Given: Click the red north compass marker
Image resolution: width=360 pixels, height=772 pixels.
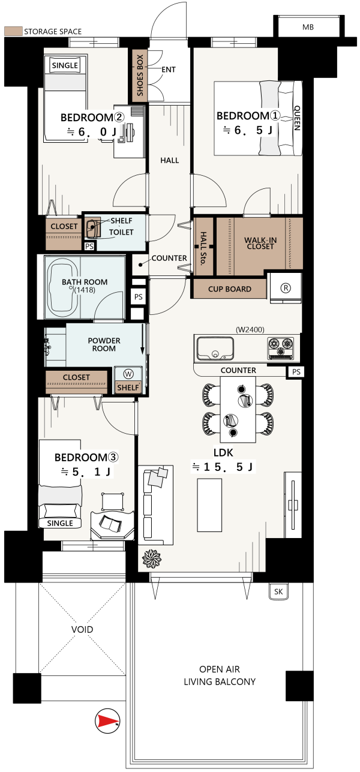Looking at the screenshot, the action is pos(107,721).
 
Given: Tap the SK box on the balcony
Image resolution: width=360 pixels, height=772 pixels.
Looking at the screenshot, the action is pos(278,592).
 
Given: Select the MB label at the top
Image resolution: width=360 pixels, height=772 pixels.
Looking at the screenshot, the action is pos(308,27).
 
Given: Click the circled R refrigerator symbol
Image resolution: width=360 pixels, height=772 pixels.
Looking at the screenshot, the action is pos(286,288).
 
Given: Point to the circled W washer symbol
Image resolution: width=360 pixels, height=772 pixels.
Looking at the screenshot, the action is pos(128,374).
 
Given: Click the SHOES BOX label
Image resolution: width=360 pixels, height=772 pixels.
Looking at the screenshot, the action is pos(140,75).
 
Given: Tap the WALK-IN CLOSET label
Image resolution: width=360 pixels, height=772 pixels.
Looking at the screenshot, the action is pos(260,243).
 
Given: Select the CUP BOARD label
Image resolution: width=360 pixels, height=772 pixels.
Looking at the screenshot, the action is pos(230,289).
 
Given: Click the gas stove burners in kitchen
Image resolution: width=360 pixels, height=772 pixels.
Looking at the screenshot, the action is pos(280,348).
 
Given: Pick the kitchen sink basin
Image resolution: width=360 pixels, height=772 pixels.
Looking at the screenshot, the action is pos(215,349).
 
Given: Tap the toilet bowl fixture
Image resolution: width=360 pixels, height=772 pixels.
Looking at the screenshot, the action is pos(92,228).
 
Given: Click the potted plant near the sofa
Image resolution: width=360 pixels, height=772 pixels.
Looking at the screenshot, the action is pos(152,558).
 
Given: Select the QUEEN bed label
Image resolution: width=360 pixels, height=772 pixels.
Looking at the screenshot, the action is pos(297,118).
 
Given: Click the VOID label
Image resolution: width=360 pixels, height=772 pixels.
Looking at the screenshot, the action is pos(82,630).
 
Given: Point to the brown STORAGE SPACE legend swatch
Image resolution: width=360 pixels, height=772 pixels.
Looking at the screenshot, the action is pos(13,31).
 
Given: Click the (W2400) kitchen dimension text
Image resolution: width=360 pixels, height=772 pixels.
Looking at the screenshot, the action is pos(250,329).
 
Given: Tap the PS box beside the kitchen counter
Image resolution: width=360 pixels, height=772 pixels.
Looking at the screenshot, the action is pos(296,372).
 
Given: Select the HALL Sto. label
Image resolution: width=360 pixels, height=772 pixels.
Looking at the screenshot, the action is pos(203,248).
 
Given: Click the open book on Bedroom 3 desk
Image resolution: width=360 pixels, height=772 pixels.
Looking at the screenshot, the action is pos(110,524).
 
